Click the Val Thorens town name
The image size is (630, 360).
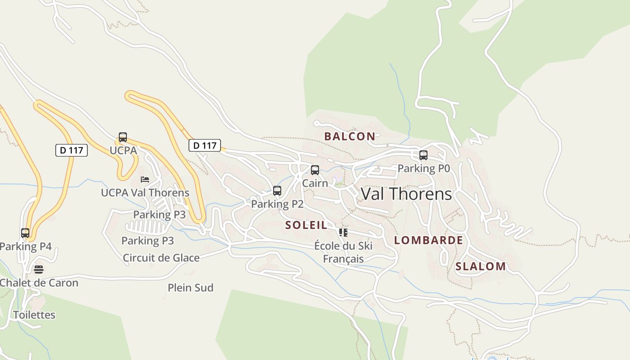406,194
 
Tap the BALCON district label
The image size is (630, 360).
350,136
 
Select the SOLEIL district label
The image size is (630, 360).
306,225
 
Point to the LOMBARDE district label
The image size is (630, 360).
428,240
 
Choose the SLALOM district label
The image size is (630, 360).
481,266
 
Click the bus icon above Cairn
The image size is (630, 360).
315,170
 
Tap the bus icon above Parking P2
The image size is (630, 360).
277,191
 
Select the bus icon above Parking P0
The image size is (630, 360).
423,155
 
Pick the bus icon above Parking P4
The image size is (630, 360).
25,233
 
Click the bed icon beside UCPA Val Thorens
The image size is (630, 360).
144,180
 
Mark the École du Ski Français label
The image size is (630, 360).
343,252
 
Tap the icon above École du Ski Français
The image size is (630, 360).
343,233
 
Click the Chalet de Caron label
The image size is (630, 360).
39,283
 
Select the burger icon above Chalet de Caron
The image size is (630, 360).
39,270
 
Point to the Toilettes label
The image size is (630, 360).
34,315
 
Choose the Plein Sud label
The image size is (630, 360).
190,288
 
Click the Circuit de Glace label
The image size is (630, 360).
161,258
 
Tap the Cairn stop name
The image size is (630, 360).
315,183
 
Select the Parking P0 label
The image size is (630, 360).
423,168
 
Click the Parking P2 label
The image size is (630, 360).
277,204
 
